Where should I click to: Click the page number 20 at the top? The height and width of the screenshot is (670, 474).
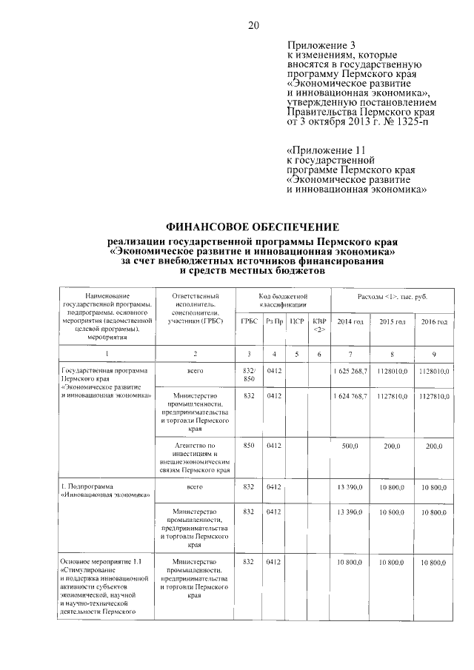pos(253,27)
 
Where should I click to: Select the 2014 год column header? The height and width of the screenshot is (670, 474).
pos(350,321)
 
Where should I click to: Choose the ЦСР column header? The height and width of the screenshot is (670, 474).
pos(297,321)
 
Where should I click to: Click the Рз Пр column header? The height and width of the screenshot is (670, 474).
pos(274,321)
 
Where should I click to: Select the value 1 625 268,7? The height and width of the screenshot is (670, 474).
pos(350,370)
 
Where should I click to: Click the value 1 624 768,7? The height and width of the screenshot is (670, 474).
pos(350,397)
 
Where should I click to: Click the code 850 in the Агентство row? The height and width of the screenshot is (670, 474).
pos(249,446)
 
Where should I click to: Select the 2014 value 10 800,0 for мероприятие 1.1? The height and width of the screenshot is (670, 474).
pos(352,564)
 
